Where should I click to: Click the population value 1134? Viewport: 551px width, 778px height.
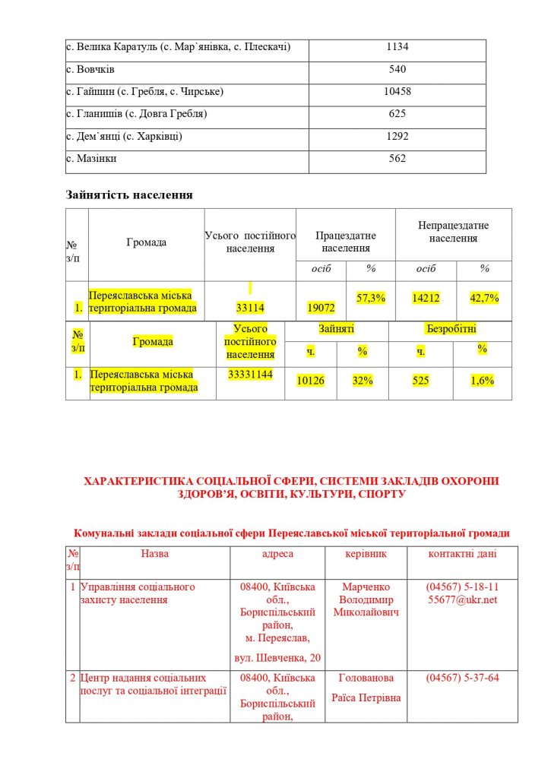pyautogui.click(x=397, y=47)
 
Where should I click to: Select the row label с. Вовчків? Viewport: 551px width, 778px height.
pyautogui.click(x=90, y=70)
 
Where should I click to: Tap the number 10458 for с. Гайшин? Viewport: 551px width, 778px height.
pyautogui.click(x=397, y=92)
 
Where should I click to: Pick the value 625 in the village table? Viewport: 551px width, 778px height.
pyautogui.click(x=397, y=114)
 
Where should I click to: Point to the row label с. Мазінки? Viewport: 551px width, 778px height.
pyautogui.click(x=92, y=159)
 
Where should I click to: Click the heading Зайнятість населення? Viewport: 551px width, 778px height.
pyautogui.click(x=129, y=194)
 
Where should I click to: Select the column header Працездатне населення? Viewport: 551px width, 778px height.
pyautogui.click(x=346, y=242)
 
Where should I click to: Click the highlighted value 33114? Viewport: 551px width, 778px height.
pyautogui.click(x=249, y=308)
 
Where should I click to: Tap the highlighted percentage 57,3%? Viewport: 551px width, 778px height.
pyautogui.click(x=371, y=298)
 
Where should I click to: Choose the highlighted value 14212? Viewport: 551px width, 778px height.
pyautogui.click(x=426, y=299)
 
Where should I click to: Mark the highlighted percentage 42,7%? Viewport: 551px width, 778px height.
pyautogui.click(x=484, y=299)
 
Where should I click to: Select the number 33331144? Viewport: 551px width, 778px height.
pyautogui.click(x=250, y=375)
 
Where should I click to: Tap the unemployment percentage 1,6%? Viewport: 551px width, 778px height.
pyautogui.click(x=482, y=381)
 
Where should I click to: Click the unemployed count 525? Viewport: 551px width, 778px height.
pyautogui.click(x=420, y=381)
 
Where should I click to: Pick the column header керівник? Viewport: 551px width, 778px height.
pyautogui.click(x=366, y=554)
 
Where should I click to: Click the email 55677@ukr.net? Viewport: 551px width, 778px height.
pyautogui.click(x=462, y=599)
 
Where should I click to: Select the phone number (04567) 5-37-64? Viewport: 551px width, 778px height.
pyautogui.click(x=462, y=678)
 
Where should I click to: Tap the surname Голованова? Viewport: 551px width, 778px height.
pyautogui.click(x=366, y=678)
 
